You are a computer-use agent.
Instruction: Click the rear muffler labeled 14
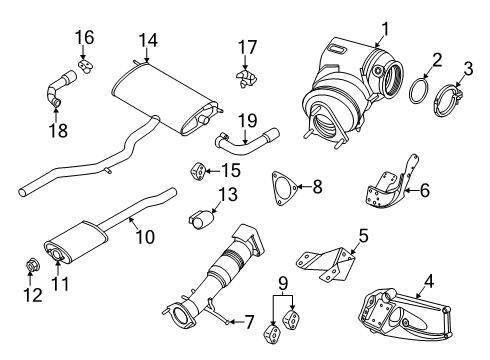(165, 95)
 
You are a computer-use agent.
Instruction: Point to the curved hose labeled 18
(53, 90)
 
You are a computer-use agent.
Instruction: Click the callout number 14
(149, 40)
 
